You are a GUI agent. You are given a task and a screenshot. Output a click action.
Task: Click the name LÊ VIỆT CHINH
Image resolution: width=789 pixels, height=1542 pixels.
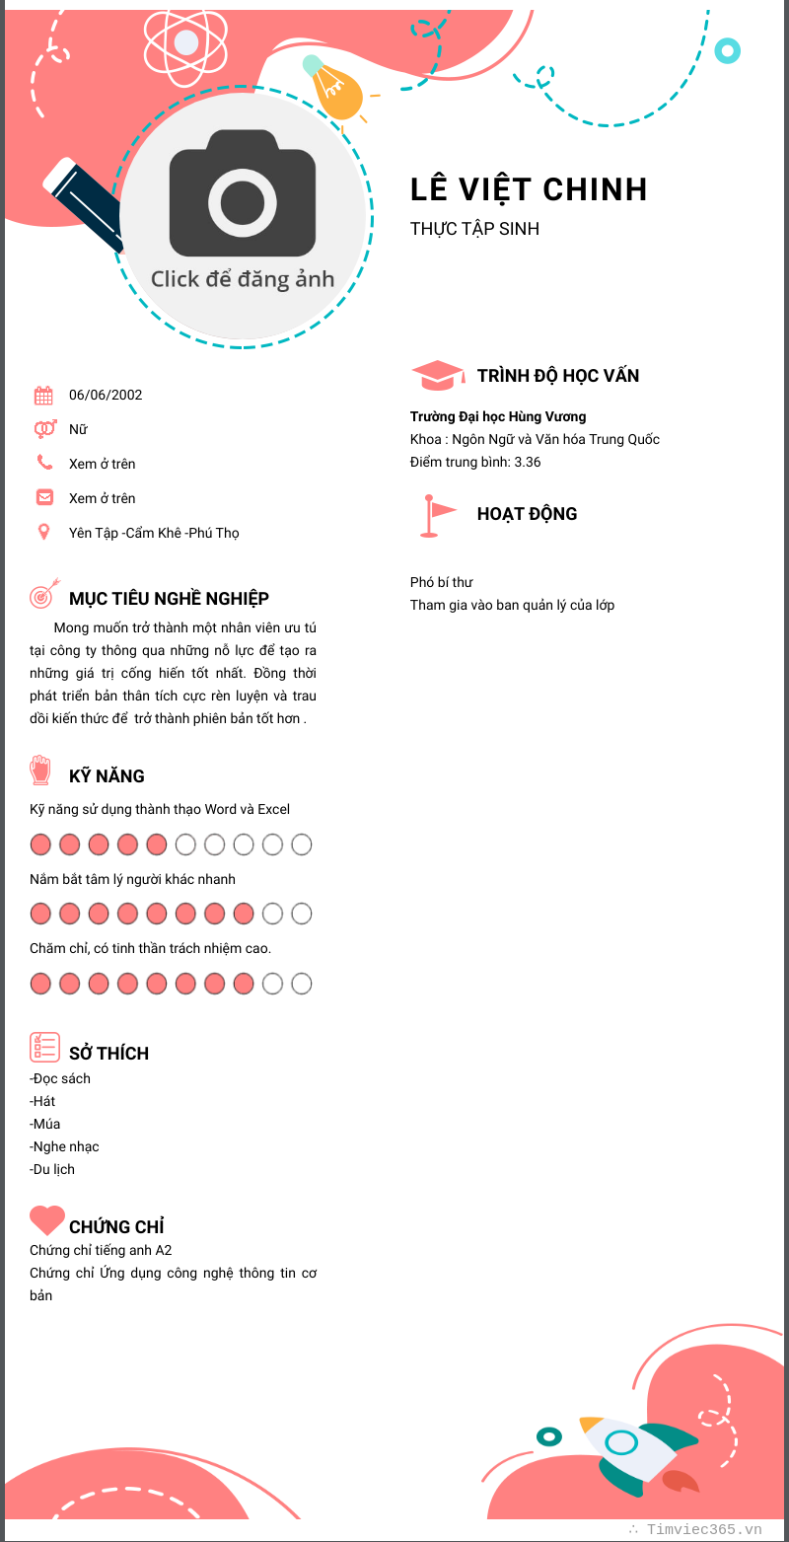[x=529, y=189]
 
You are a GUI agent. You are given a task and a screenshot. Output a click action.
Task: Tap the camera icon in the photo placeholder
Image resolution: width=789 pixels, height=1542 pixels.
[x=243, y=193]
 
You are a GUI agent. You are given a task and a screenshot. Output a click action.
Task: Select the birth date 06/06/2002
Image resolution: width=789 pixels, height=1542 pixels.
[x=106, y=395]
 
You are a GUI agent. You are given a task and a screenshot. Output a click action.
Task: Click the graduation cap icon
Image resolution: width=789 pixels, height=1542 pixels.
[x=437, y=375]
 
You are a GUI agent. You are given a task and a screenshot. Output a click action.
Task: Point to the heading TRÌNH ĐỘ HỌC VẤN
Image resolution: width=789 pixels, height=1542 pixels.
[x=558, y=376]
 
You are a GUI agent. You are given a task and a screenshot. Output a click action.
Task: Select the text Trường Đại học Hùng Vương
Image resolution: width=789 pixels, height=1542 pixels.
[x=498, y=416]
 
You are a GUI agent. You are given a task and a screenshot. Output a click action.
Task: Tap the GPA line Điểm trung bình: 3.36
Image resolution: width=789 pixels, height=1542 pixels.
[x=475, y=462]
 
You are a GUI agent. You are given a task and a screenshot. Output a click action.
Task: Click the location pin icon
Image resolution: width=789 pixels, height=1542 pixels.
[x=43, y=533]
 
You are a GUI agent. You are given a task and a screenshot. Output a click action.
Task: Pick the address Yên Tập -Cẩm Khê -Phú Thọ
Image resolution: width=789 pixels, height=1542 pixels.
[x=154, y=533]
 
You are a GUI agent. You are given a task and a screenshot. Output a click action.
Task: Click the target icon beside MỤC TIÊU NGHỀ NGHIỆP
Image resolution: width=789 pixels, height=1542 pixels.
[x=43, y=595]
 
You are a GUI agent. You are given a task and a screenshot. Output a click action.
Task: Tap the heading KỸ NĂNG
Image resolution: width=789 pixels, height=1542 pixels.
[x=107, y=776]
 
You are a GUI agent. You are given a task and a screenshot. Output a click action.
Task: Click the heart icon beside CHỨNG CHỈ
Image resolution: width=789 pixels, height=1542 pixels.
[x=46, y=1220]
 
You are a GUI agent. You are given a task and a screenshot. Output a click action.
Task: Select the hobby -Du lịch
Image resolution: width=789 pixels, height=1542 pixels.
[x=52, y=1169]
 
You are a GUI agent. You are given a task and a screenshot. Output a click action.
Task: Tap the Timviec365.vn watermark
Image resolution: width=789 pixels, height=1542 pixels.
[x=703, y=1529]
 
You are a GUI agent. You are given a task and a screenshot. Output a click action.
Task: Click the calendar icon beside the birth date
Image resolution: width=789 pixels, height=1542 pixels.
[x=43, y=396]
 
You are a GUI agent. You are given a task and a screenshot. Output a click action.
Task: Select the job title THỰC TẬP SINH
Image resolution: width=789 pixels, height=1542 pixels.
[x=474, y=229]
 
